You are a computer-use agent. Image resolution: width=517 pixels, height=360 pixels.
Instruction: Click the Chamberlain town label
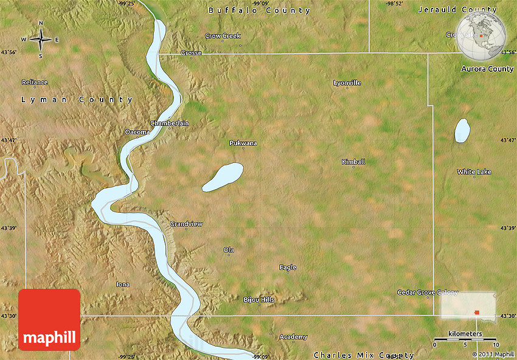tap(170, 123)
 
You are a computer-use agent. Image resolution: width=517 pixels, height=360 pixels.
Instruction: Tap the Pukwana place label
tap(243, 143)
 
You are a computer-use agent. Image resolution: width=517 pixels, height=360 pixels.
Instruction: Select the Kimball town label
tap(353, 162)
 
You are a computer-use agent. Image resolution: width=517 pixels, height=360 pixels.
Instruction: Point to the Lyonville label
tap(347, 83)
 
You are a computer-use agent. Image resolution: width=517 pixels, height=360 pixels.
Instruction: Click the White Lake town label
tap(474, 172)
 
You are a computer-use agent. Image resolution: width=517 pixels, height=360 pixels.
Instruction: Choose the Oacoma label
tap(137, 131)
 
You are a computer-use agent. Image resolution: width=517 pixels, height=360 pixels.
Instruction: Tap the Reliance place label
tap(35, 82)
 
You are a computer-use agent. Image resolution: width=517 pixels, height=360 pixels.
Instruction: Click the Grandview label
tap(186, 224)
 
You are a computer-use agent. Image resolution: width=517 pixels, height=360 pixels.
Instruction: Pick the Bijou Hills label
tap(259, 300)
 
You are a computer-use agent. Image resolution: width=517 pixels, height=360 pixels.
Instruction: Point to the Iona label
tap(123, 284)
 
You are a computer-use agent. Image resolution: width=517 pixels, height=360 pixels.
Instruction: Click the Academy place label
tap(293, 337)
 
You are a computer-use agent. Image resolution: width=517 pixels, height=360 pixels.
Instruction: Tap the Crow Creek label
tap(223, 36)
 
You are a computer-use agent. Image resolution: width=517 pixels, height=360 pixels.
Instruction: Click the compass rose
tap(41, 40)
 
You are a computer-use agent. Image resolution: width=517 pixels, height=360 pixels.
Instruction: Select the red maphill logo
tap(49, 319)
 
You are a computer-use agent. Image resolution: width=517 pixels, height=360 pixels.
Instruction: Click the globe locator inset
tap(481, 35)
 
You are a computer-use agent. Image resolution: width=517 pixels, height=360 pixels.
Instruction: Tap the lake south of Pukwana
tap(223, 177)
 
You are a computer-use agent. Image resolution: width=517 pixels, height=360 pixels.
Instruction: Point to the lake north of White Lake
tap(462, 130)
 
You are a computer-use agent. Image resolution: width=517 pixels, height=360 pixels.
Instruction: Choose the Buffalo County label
tap(260, 10)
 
